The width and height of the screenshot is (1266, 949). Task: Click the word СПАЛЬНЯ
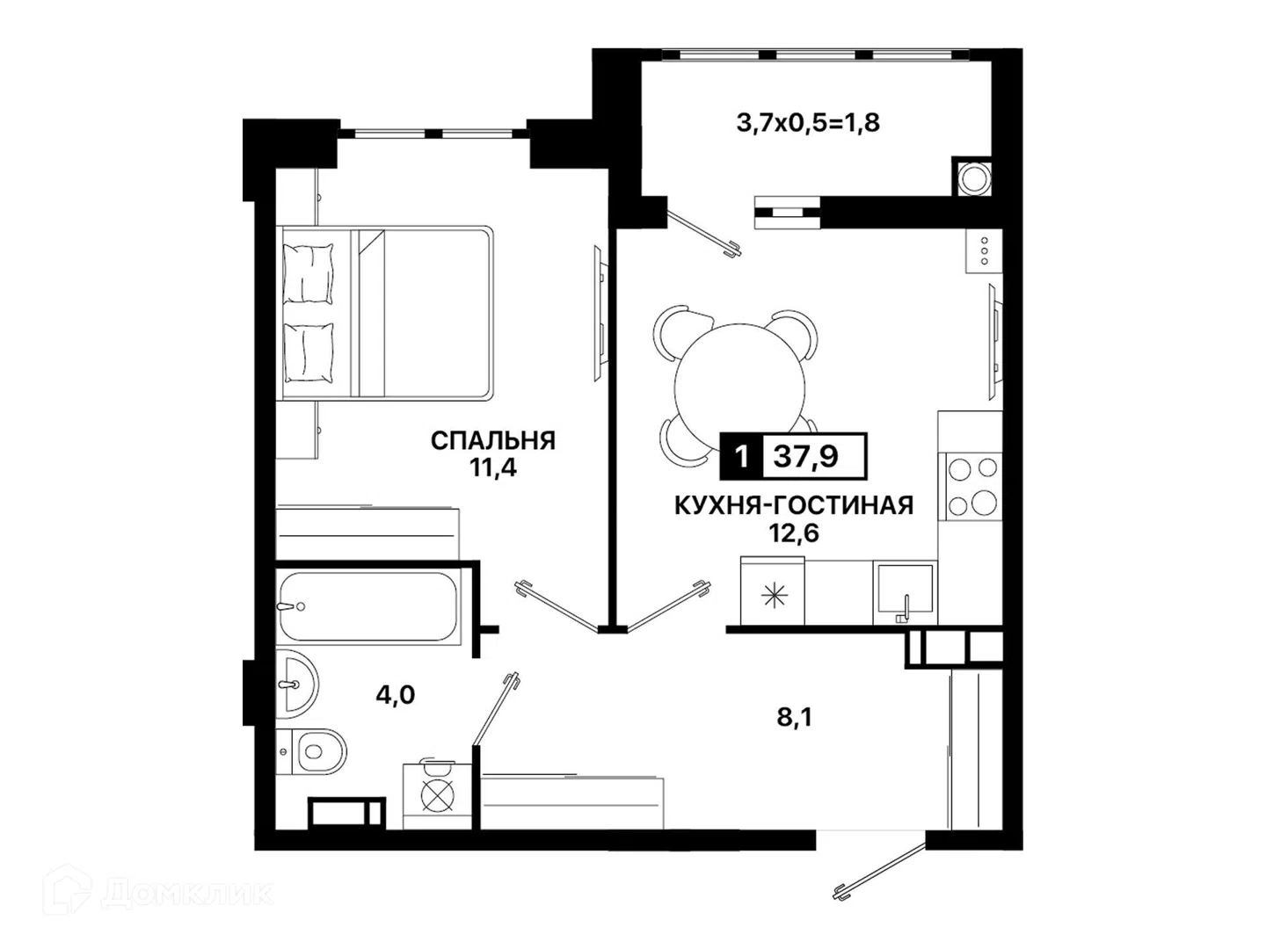click(x=492, y=441)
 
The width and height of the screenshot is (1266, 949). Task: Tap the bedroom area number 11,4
click(x=493, y=467)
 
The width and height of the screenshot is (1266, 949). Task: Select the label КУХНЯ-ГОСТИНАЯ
click(x=794, y=506)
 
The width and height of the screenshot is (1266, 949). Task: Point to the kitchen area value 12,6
click(x=794, y=533)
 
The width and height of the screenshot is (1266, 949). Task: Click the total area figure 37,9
click(x=805, y=456)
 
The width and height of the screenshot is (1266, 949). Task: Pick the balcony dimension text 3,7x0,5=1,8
click(x=808, y=123)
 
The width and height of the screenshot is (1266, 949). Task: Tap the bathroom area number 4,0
click(x=395, y=695)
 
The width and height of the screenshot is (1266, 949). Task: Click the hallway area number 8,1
click(x=794, y=718)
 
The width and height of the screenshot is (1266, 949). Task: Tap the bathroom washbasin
click(x=296, y=684)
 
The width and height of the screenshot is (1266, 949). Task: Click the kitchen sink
click(x=905, y=591)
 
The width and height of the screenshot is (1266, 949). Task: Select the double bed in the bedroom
click(x=385, y=313)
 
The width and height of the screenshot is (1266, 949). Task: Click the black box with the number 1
click(x=742, y=456)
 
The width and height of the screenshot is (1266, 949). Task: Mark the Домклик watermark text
click(x=188, y=894)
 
